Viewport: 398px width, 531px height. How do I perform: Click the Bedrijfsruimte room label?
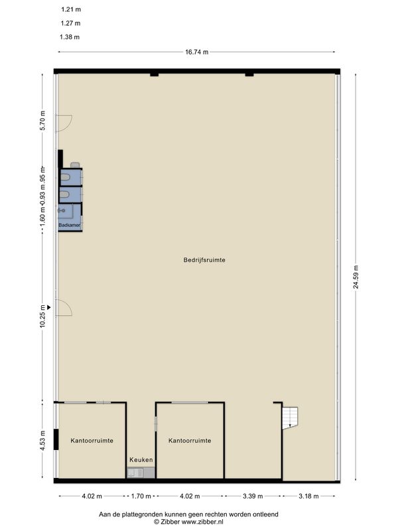pos(204,260)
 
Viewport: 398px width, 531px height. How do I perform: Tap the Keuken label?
pos(141,460)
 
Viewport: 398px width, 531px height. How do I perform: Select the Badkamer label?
pos(70,225)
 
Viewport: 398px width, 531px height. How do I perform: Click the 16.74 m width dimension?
pos(196,52)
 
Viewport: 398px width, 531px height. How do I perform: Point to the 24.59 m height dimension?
pos(356,277)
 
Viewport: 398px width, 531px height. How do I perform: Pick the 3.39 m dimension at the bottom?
pos(253,496)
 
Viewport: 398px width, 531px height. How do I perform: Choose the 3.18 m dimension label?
pos(308,496)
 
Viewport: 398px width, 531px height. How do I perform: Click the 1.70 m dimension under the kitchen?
pos(141,496)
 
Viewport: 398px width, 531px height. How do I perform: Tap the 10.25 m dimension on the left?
pos(42,317)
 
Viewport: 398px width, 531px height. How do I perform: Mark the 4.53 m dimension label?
pos(42,441)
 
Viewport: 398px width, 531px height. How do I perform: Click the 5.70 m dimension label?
pos(42,121)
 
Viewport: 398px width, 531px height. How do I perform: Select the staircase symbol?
pos(290,418)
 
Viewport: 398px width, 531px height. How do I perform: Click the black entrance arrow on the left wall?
pos(48,307)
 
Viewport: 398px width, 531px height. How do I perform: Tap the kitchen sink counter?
pos(141,473)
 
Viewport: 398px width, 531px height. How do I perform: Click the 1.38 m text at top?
pos(70,37)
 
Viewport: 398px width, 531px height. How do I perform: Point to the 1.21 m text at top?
pos(71,9)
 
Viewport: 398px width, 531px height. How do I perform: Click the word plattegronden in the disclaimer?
pos(139,514)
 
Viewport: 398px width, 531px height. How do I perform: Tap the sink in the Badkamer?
pos(61,210)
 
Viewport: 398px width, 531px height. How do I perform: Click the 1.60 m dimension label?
pos(42,213)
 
